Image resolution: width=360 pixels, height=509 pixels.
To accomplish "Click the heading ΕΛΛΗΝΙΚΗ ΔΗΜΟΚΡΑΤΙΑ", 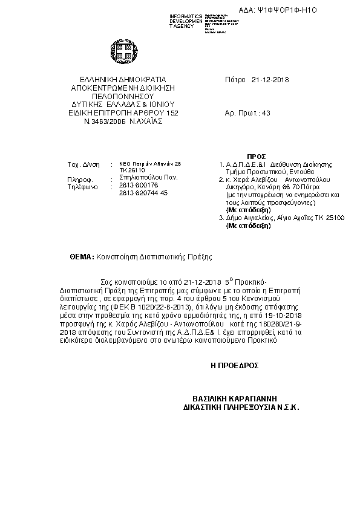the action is pos(123,80).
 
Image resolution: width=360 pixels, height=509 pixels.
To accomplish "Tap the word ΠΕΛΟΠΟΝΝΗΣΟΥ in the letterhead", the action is pos(123,96).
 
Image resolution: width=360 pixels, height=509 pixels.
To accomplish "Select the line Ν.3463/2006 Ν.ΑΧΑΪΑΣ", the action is pos(123,121).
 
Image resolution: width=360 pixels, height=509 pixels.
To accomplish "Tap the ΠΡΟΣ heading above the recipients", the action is pos(274,156).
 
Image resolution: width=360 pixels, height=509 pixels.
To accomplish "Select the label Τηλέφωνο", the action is pos(82,187).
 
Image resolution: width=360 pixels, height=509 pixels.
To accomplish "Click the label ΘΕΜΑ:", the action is pos(82,256).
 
